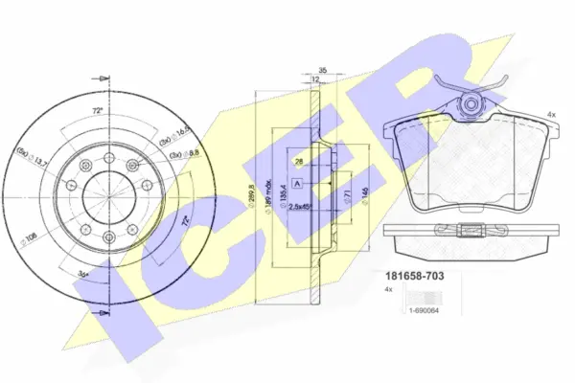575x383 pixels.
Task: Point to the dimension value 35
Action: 325,70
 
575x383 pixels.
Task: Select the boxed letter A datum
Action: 300,182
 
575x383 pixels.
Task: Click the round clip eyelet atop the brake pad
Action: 472,102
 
